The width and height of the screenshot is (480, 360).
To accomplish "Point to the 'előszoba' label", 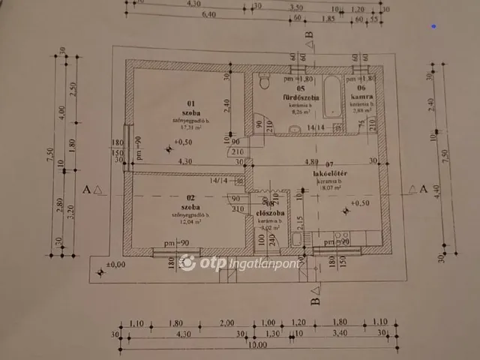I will (268, 212).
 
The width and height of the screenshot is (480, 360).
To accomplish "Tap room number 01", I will (190, 103).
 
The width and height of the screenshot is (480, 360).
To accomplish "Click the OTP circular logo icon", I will (187, 263).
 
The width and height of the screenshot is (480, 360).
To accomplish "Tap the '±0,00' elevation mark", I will (115, 265).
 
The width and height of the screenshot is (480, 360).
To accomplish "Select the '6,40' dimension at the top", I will (208, 13).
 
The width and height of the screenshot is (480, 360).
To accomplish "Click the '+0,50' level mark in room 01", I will (182, 142).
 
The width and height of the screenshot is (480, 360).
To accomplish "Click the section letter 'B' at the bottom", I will (315, 301).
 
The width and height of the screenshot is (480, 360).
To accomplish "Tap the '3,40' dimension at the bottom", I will (339, 333).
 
